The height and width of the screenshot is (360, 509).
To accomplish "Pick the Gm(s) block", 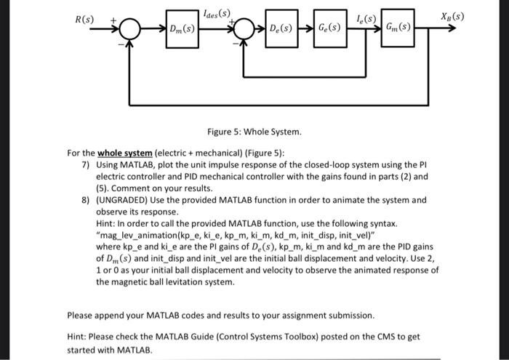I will pyautogui.click(x=397, y=28).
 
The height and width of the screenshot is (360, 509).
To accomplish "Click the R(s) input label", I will pyautogui.click(x=87, y=16).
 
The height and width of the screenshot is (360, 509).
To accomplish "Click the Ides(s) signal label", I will pyautogui.click(x=217, y=13).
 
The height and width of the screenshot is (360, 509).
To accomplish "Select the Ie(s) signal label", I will pyautogui.click(x=366, y=16).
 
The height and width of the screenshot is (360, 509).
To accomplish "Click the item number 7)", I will pyautogui.click(x=85, y=165).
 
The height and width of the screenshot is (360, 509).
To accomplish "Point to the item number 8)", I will pyautogui.click(x=85, y=200).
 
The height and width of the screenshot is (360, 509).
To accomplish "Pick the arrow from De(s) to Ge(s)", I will pyautogui.click(x=303, y=30).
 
